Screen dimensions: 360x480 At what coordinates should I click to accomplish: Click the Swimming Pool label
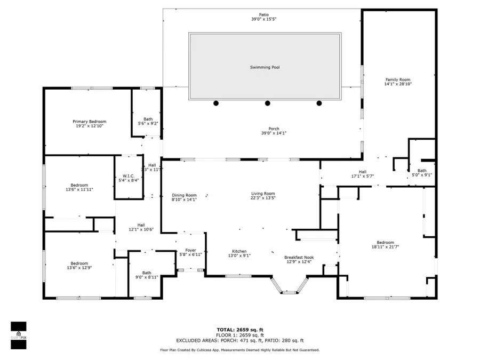(265, 67)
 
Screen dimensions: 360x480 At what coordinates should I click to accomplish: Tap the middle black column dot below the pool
(268, 103)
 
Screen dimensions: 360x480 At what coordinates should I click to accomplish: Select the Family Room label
(398, 79)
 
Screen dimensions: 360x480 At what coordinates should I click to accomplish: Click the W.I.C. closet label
(128, 176)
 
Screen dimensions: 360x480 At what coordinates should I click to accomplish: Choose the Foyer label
(190, 250)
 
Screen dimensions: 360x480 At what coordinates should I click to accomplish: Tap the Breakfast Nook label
(299, 257)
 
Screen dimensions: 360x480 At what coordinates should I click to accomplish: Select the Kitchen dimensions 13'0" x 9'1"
(239, 255)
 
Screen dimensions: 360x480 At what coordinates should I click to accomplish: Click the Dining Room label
(184, 195)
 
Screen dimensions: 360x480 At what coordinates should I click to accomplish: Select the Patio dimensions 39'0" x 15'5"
(264, 19)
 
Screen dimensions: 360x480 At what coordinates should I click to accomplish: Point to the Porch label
(274, 129)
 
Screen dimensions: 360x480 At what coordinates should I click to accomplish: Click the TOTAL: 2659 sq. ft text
(239, 330)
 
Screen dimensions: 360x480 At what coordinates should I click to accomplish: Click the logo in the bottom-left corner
(19, 335)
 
